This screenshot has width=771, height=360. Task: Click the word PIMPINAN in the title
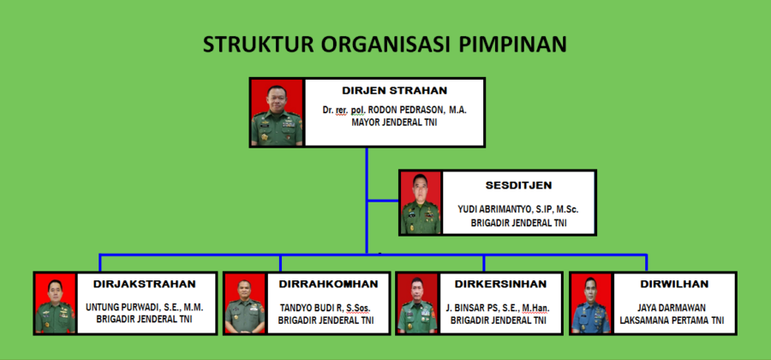pos(513,45)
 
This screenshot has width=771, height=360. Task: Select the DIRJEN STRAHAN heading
pos(394,91)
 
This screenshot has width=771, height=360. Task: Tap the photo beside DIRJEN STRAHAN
pos(277,112)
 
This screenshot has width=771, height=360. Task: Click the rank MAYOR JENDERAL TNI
pos(394,123)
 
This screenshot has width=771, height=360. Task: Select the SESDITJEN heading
pos(518,185)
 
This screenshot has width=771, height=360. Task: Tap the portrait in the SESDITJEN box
pos(421,202)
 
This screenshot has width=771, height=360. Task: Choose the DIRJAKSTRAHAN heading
pos(145,285)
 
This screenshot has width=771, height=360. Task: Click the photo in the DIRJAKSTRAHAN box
pos(55,303)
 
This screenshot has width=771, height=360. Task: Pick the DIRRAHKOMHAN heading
pos(328,285)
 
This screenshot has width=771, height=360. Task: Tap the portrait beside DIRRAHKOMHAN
pos(245,303)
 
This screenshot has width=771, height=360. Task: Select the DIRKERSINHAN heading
pos(500,285)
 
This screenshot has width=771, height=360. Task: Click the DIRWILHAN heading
pos(674,285)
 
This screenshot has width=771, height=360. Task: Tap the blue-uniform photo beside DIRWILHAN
pos(591,303)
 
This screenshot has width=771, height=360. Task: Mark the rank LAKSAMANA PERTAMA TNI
pos(672,321)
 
